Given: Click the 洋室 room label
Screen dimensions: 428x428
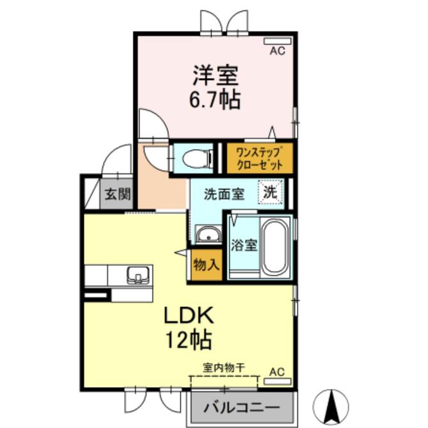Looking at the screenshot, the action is tap(216, 75).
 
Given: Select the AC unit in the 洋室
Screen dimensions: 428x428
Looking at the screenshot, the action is tap(277, 41).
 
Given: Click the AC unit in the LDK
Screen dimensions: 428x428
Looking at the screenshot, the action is tap(277, 381).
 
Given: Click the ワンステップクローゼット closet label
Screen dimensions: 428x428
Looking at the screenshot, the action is tap(259, 159).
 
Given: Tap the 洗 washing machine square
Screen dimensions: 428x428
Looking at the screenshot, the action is tap(270, 192).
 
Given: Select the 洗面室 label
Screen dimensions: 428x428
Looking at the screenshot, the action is tap(224, 194).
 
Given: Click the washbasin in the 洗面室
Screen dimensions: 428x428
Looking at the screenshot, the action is tap(209, 234).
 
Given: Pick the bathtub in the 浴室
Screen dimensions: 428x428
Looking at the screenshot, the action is tap(275, 248).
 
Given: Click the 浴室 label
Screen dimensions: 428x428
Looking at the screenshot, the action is tap(244, 245).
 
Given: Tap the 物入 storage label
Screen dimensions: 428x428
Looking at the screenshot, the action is tap(207, 264).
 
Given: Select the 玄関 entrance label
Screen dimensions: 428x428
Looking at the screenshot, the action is tap(118, 194).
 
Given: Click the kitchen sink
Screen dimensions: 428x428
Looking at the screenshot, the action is tap(138, 275).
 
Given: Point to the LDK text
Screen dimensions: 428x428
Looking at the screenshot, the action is tap(188, 315).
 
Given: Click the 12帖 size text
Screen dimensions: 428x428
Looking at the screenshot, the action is tap(189, 340).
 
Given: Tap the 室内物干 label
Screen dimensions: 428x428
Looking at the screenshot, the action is tap(223, 368).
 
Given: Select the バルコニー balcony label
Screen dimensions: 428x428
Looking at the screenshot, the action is tap(242, 408).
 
